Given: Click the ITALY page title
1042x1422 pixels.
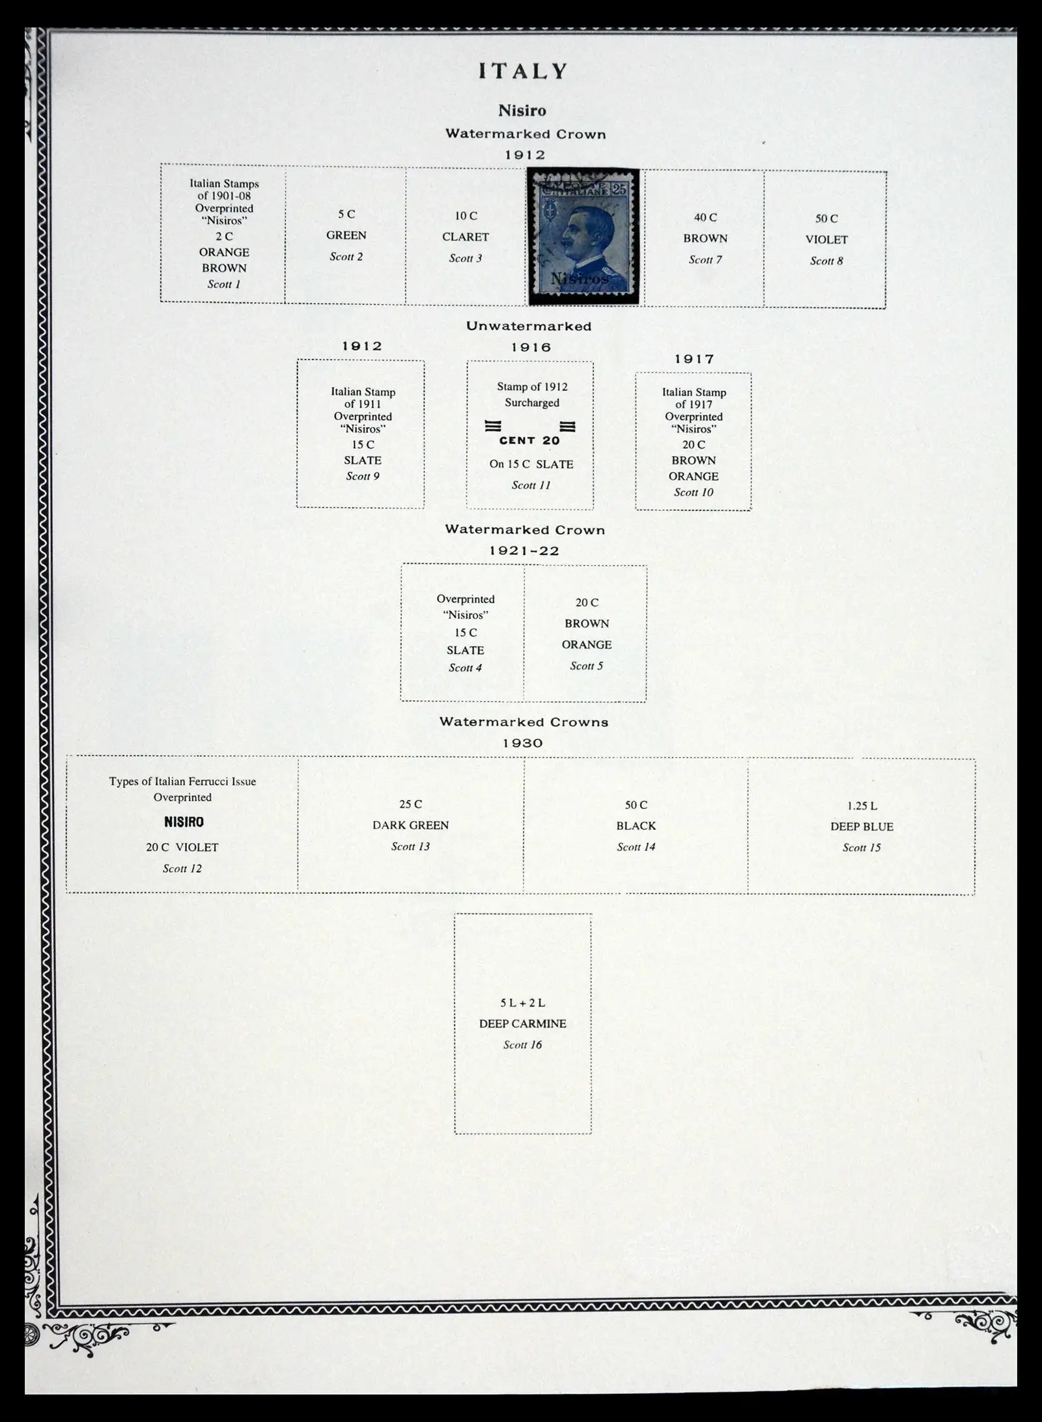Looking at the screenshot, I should pyautogui.click(x=523, y=71).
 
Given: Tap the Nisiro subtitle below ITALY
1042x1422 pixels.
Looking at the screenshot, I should pyautogui.click(x=522, y=111).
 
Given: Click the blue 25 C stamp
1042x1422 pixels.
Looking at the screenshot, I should pyautogui.click(x=583, y=236).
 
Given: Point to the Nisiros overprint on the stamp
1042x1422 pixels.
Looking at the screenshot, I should pyautogui.click(x=579, y=279).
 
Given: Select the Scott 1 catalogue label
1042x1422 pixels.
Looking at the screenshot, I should pyautogui.click(x=223, y=284).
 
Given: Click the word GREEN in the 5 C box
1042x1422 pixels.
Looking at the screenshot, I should pyautogui.click(x=346, y=235).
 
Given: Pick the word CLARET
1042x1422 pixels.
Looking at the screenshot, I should pyautogui.click(x=465, y=237).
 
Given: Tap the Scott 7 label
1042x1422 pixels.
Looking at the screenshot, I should pyautogui.click(x=705, y=260).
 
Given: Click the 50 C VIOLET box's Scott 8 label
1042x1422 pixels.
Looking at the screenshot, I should pyautogui.click(x=826, y=261).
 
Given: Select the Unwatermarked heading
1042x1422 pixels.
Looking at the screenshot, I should pyautogui.click(x=528, y=326).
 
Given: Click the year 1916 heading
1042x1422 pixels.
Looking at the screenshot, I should pyautogui.click(x=531, y=348).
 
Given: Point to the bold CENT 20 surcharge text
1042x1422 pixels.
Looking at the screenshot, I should pyautogui.click(x=529, y=441).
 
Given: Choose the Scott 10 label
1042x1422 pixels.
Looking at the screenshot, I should pyautogui.click(x=693, y=492).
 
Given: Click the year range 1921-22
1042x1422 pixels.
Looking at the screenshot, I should pyautogui.click(x=524, y=551).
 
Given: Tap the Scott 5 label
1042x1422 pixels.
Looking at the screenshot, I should pyautogui.click(x=586, y=666).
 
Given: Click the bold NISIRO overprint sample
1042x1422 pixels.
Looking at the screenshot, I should pyautogui.click(x=184, y=822).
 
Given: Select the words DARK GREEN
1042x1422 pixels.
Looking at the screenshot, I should pyautogui.click(x=410, y=825).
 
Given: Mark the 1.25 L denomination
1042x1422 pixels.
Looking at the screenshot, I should pyautogui.click(x=861, y=806).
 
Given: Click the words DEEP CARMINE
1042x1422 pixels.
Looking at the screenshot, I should pyautogui.click(x=522, y=1023).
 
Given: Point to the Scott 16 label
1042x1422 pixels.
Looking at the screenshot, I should pyautogui.click(x=522, y=1045).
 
